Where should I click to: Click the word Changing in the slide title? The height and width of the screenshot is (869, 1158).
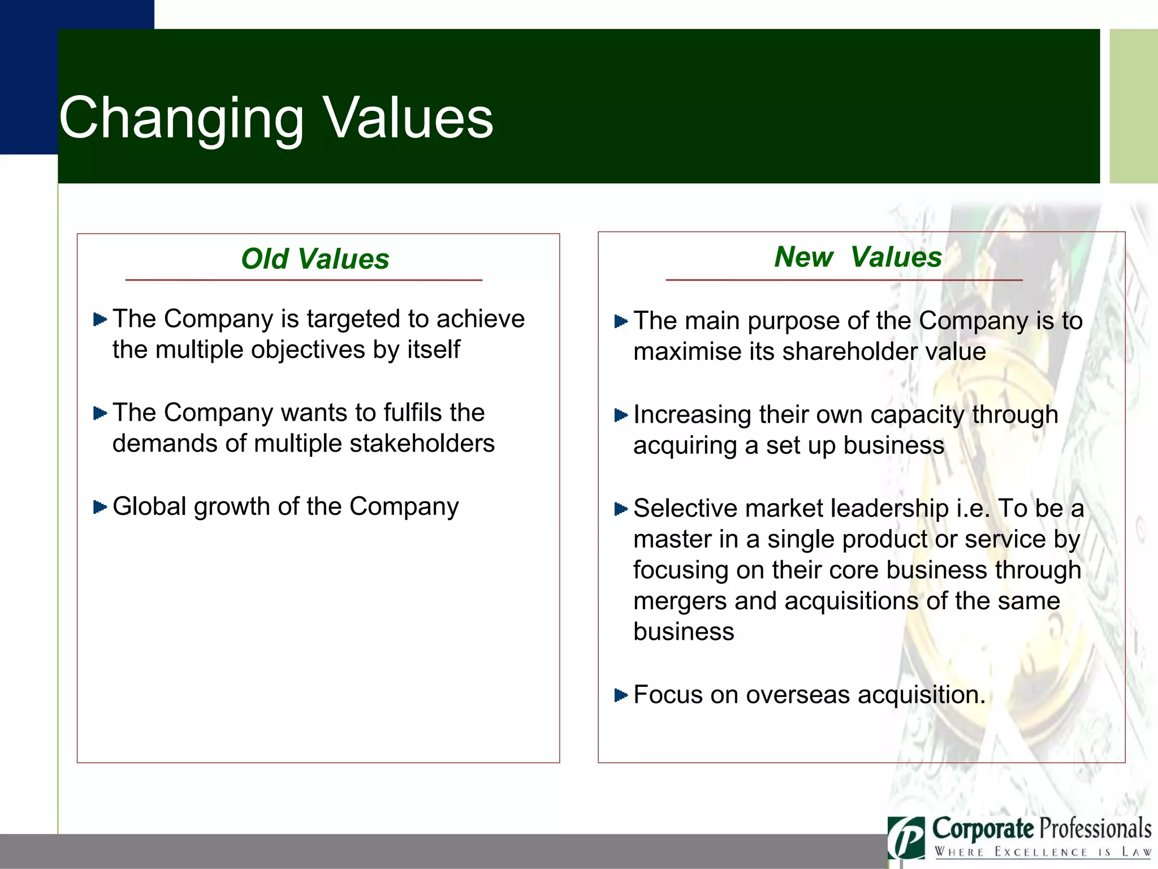(x=181, y=119)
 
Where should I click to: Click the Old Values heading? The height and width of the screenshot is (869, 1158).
(x=315, y=259)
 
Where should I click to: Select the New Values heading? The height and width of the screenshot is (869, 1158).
(x=858, y=257)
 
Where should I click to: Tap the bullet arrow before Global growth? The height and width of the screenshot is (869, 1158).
(x=100, y=507)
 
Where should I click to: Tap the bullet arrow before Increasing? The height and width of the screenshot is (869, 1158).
(x=621, y=416)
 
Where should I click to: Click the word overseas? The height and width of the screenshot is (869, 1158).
(x=797, y=695)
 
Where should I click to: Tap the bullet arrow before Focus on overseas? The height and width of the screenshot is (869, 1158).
(x=621, y=695)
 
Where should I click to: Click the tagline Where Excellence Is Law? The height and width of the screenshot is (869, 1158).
(x=1043, y=852)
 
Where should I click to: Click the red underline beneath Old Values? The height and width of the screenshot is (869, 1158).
(x=304, y=280)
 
